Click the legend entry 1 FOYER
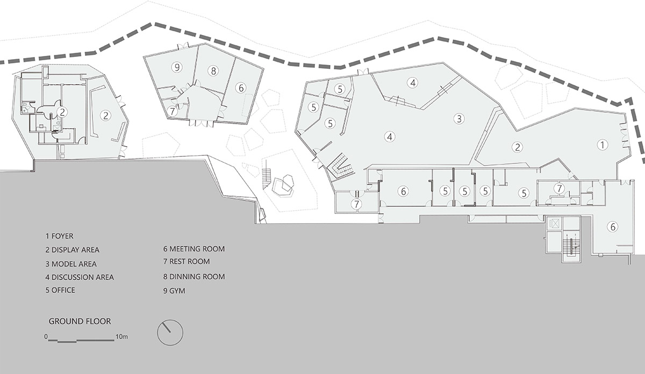(59, 236)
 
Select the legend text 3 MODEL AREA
(71, 264)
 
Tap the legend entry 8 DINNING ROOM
(194, 277)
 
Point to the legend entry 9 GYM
(174, 291)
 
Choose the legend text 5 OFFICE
(60, 290)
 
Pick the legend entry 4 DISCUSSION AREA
(80, 277)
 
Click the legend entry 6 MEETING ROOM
(194, 249)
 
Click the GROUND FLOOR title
(80, 321)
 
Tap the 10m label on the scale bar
(121, 336)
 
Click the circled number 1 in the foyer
(602, 145)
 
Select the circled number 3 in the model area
(459, 119)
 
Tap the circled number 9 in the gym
(177, 67)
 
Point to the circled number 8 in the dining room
(213, 71)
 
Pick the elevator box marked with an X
(554, 224)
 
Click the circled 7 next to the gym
(172, 111)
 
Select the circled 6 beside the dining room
(241, 88)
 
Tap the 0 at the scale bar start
(46, 336)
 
